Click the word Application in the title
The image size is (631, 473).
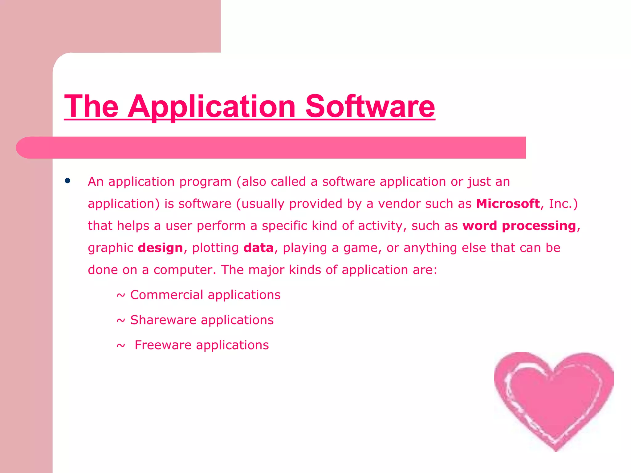pos(212,107)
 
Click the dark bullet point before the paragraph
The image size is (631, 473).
pos(67,181)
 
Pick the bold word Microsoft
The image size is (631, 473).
pos(507,204)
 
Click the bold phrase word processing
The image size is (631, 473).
pos(519,226)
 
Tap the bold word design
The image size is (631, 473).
pos(160,248)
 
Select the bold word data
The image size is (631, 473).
pos(258,248)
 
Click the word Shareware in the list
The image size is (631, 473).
pos(163,320)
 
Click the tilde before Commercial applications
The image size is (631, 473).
pos(121,296)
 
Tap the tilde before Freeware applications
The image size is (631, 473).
pos(121,346)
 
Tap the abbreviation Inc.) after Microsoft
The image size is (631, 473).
pos(563,204)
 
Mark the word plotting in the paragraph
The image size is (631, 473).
pos(215,248)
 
